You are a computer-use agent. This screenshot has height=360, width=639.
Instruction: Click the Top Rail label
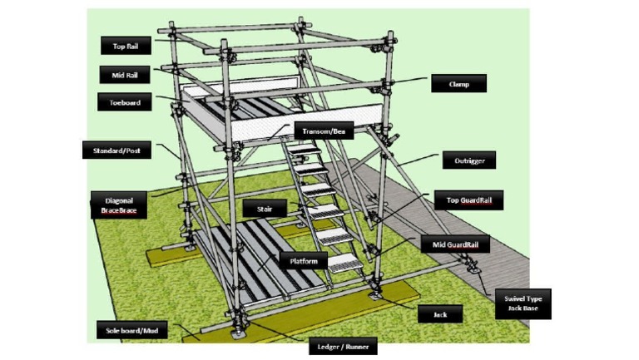click(126, 46)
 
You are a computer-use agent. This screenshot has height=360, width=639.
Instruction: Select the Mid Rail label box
click(126, 74)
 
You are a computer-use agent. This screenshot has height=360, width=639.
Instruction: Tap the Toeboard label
click(126, 102)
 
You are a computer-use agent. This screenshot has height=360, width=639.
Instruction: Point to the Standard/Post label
click(116, 150)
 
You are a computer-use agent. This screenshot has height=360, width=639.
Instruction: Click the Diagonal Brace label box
click(118, 205)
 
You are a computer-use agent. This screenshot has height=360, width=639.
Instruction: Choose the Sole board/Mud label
click(131, 331)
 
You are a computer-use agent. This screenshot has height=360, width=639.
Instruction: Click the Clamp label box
click(458, 83)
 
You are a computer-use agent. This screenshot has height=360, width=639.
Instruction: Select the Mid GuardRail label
click(454, 244)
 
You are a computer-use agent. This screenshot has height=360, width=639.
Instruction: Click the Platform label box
click(303, 260)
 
